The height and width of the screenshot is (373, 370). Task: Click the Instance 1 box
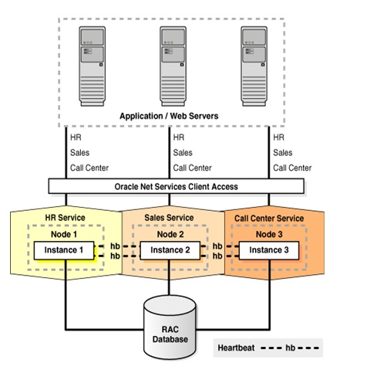click(x=64, y=249)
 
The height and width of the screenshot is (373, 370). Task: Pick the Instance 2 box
click(x=170, y=249)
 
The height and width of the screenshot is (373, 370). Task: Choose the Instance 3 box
click(x=265, y=249)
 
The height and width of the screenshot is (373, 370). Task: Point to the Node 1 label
click(x=64, y=234)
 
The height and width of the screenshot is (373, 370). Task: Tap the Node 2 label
click(x=170, y=234)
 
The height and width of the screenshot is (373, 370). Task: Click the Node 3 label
click(x=269, y=234)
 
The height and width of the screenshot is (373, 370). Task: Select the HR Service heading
click(x=64, y=218)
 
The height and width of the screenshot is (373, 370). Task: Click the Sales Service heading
click(x=170, y=218)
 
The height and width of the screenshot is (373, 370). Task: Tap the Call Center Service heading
click(x=269, y=218)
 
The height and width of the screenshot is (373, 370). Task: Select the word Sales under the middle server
click(x=183, y=152)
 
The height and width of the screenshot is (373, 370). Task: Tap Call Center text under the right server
click(x=292, y=168)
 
